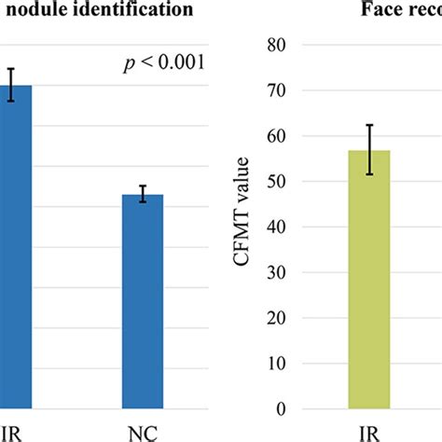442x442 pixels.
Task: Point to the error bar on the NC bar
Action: click(x=143, y=194)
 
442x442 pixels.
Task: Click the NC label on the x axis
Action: click(x=143, y=433)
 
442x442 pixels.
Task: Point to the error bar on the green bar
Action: click(x=370, y=149)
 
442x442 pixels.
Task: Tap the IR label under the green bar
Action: click(x=370, y=433)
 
